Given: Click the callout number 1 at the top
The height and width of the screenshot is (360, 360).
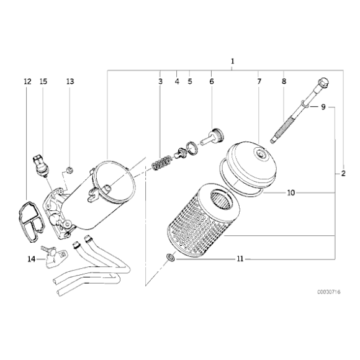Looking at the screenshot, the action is (x=233, y=61).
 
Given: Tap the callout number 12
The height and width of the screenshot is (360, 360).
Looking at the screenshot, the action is (x=27, y=81).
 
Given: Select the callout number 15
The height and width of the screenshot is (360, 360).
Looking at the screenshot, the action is (x=43, y=81).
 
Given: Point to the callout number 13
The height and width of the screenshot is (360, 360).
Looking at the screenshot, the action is (x=70, y=81).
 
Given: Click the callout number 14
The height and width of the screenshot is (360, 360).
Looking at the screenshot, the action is (x=32, y=259).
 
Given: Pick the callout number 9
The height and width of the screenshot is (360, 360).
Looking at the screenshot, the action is (x=323, y=107).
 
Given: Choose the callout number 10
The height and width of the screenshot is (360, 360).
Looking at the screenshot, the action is (x=291, y=193).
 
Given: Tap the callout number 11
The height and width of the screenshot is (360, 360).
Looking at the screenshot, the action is (x=240, y=259).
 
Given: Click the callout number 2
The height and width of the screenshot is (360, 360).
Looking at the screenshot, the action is (x=343, y=173).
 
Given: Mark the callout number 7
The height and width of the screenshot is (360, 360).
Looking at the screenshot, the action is (x=259, y=81).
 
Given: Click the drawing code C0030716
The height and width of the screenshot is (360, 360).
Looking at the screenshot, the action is (x=329, y=292).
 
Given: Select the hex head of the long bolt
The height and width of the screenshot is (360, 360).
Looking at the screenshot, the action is (x=323, y=83).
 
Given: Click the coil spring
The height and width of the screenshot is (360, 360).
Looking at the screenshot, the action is (x=161, y=163).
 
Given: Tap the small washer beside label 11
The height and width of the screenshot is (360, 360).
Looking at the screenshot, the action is (x=171, y=258).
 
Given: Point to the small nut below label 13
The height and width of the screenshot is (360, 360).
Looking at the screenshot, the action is (x=70, y=170).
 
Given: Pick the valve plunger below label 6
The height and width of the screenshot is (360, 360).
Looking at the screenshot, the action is (x=212, y=137).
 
